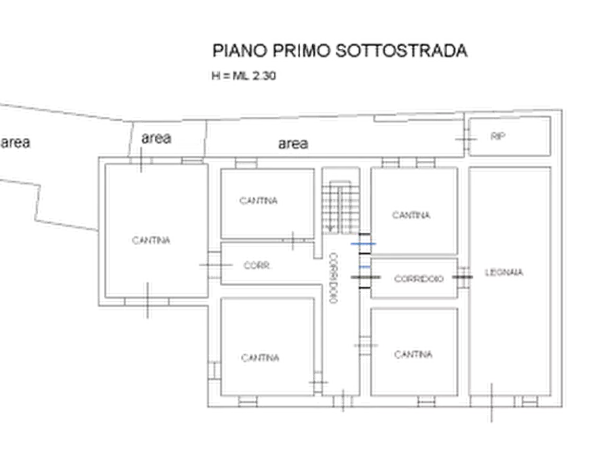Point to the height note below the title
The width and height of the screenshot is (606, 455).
click(x=242, y=77)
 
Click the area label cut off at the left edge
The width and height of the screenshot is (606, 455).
click(x=15, y=143)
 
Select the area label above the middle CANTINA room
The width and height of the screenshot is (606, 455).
click(x=294, y=144)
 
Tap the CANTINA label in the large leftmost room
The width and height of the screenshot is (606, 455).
click(x=151, y=240)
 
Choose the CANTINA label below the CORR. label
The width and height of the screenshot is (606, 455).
click(x=260, y=357)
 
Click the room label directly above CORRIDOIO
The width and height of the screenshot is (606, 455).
click(x=412, y=216)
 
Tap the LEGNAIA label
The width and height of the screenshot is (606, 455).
click(x=506, y=274)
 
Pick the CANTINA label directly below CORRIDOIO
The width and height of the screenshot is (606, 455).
click(x=414, y=354)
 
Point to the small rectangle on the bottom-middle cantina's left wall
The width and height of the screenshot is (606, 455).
click(x=215, y=370)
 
